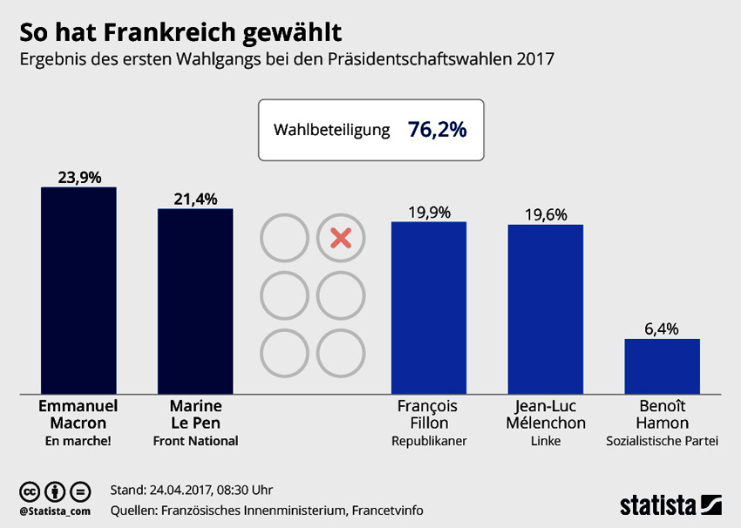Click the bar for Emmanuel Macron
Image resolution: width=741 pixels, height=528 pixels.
[78, 290]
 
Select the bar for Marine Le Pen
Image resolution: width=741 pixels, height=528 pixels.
[195, 301]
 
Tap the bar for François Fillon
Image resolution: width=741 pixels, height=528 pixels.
[429, 308]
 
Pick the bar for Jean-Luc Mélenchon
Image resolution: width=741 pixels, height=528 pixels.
[545, 308]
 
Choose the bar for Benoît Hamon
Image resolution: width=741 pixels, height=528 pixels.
[662, 366]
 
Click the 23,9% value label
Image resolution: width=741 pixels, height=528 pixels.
[79, 177]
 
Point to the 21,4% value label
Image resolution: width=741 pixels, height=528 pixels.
[195, 199]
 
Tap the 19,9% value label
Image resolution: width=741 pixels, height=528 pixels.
[429, 212]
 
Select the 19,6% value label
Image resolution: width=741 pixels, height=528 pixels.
[546, 214]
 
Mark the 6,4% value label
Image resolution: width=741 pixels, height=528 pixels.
[663, 328]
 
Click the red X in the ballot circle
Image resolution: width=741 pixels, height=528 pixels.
[341, 238]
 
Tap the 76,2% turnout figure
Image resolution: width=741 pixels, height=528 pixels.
[437, 130]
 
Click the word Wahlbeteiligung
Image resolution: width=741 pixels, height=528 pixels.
[331, 131]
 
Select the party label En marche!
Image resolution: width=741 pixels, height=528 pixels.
[78, 441]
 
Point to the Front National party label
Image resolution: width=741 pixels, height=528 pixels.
[195, 441]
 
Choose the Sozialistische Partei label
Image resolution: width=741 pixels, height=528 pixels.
[663, 441]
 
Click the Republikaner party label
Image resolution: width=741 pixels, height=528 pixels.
[429, 441]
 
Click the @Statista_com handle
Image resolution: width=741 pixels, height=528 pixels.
[55, 510]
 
